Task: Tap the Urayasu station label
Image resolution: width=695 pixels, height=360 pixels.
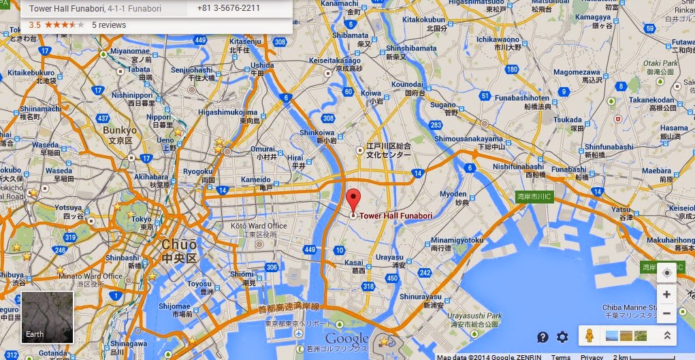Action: point(391,257)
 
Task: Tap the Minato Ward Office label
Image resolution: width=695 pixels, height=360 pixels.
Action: point(95,276)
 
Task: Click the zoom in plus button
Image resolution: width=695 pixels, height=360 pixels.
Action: point(666,295)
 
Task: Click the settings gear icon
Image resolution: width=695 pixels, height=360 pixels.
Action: point(562,337)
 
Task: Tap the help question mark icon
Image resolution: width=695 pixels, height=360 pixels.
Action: point(543,337)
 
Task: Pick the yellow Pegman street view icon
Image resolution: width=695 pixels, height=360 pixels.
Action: point(589,336)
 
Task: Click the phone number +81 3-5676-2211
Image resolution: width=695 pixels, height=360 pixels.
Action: point(228,9)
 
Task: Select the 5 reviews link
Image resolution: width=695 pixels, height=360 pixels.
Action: point(109,25)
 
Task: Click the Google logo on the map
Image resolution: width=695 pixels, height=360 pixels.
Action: point(346,339)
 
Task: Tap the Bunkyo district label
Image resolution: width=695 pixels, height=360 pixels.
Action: point(120,129)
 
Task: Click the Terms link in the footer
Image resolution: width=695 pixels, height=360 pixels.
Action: point(561,357)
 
